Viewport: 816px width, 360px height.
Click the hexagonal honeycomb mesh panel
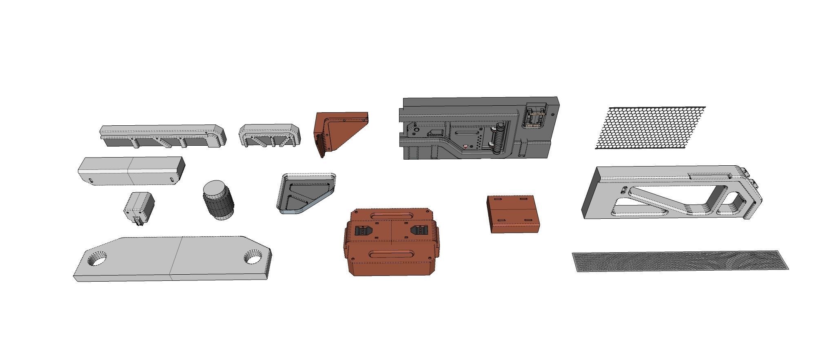[651, 128]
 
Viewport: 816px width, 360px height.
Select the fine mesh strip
[679, 261]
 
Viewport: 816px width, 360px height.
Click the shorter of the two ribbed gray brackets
[269, 135]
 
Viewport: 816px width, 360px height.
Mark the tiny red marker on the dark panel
[466, 145]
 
